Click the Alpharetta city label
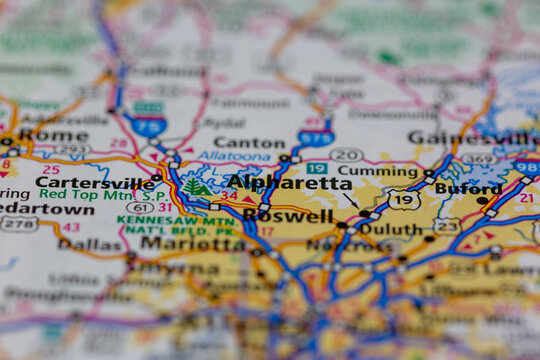[289, 182]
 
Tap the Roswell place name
[288, 215]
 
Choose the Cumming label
[363, 171]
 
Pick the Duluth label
[389, 228]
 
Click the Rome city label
[39, 135]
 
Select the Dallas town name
[91, 243]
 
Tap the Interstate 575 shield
[315, 138]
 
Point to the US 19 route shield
[404, 200]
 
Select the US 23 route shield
[447, 225]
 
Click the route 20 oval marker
[346, 154]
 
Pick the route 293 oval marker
[72, 151]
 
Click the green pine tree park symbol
[193, 186]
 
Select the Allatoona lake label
[233, 157]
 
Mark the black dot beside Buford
[482, 200]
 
